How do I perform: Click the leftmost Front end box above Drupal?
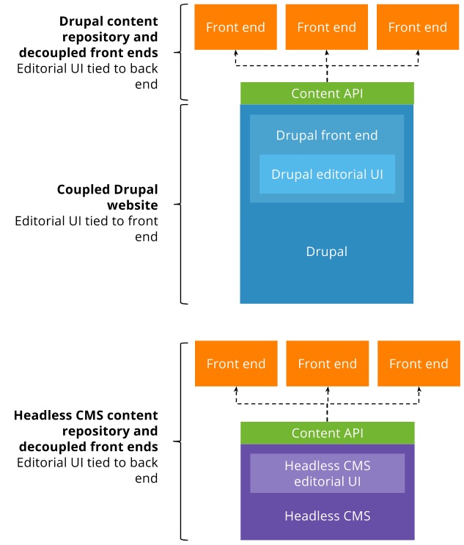click(x=235, y=27)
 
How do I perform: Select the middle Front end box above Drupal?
click(x=327, y=27)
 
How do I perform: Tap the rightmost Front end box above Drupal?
click(x=417, y=27)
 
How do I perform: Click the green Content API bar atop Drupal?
click(x=327, y=93)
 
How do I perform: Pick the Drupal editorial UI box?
click(x=327, y=174)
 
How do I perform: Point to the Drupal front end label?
click(x=327, y=136)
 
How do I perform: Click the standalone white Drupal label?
click(x=327, y=252)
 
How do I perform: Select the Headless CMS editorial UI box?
click(x=327, y=473)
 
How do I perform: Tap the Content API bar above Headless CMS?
click(x=327, y=433)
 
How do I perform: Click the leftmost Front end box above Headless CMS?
click(x=236, y=364)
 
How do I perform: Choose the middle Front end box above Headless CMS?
click(x=327, y=364)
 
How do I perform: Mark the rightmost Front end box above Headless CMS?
click(x=418, y=364)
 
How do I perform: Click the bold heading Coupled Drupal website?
click(x=108, y=197)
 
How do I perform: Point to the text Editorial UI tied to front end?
click(x=86, y=229)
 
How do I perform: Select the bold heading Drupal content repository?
click(x=108, y=29)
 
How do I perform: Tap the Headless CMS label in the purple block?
click(x=327, y=516)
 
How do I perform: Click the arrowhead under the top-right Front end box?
click(x=419, y=54)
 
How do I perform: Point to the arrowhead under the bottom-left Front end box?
click(x=236, y=390)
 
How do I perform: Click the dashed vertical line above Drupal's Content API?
click(x=327, y=73)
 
